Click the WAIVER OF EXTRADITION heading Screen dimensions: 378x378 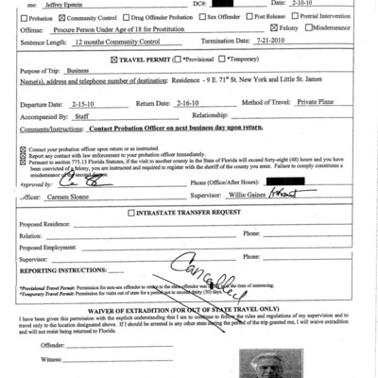189,309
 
